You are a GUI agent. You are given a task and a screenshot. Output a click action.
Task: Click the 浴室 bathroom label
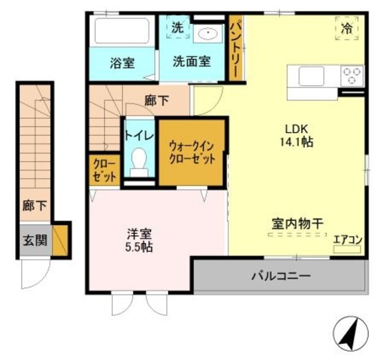(122, 62)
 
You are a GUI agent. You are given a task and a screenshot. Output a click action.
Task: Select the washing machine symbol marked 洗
(178, 28)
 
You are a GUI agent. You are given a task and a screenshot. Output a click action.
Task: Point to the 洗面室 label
(191, 61)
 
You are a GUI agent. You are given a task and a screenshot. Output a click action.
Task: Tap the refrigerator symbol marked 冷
(347, 28)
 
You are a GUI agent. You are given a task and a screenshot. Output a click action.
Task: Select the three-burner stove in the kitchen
(352, 76)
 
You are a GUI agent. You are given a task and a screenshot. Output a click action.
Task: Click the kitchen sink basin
(312, 76)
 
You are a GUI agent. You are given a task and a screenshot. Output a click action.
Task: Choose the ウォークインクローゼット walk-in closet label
(191, 152)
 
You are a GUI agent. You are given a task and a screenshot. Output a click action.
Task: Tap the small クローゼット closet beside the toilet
(104, 171)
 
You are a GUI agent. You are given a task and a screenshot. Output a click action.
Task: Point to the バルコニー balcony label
(280, 277)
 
